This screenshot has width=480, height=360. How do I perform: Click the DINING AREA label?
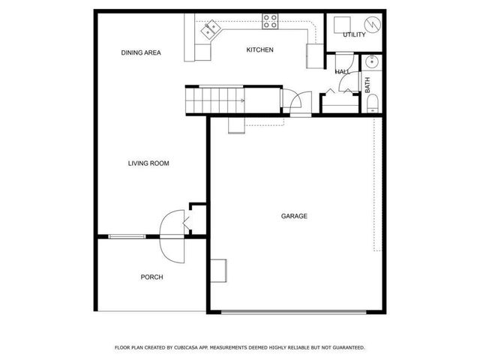[x=142, y=52]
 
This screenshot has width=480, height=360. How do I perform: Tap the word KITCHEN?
[x=260, y=50]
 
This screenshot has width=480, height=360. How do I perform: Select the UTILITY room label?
[x=354, y=35]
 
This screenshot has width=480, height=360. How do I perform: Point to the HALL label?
[x=343, y=72]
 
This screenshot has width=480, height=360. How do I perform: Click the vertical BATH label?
[x=367, y=86]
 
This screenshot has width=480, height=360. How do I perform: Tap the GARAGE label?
[x=294, y=216]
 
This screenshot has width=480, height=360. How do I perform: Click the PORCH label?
[x=151, y=277]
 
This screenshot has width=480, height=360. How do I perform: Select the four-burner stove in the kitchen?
[x=271, y=22]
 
